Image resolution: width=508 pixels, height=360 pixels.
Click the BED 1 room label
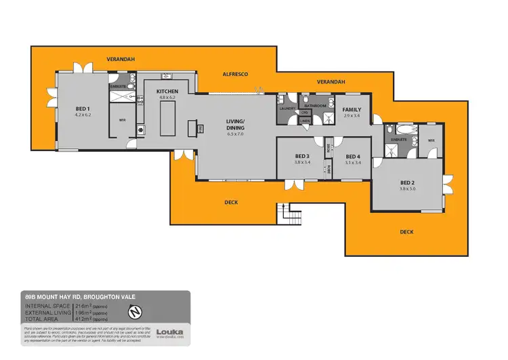click(83, 108)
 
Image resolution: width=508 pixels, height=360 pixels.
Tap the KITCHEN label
click(167, 92)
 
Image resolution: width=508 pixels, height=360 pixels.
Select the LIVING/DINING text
click(235, 125)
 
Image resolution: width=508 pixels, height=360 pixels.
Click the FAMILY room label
click(351, 109)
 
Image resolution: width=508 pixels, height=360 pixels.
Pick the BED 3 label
click(301, 157)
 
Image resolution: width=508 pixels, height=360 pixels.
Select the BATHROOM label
click(315, 106)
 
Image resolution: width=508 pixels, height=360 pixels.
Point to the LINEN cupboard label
click(305, 121)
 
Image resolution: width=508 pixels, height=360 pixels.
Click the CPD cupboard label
click(305, 113)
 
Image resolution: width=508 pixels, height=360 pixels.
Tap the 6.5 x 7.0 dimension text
click(235, 135)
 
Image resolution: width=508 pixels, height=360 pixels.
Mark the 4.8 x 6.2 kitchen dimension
click(167, 98)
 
